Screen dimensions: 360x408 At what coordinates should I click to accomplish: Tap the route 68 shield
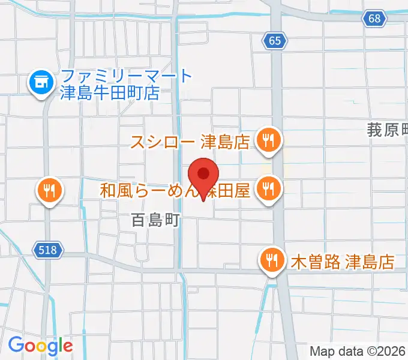point(374,19)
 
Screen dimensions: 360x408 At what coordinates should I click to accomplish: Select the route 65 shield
point(275,41)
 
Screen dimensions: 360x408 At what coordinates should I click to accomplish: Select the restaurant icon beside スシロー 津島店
point(267,140)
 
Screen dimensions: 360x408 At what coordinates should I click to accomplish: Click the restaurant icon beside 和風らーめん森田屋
point(267,189)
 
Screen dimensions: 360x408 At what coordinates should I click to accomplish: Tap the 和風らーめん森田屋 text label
point(175,191)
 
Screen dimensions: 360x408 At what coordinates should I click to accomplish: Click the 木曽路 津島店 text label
point(342,262)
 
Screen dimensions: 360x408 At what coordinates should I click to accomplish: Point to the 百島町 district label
point(156,220)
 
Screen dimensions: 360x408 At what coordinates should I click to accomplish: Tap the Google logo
point(40,346)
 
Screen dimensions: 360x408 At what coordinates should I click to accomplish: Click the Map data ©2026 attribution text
point(358,351)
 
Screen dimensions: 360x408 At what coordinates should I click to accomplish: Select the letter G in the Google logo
point(16,345)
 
